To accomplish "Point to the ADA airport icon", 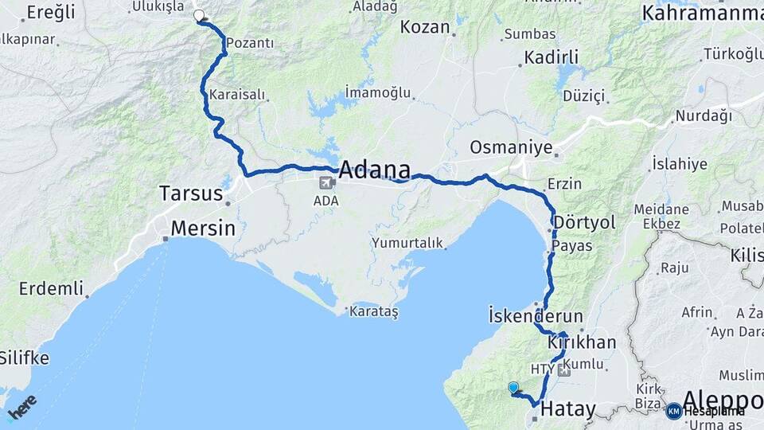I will click(x=325, y=183).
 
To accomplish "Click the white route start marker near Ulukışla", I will click(x=199, y=15).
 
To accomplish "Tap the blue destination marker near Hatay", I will click(x=513, y=388).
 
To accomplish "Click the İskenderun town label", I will click(x=536, y=315).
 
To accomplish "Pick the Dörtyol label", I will click(x=584, y=222).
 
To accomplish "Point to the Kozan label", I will click(x=424, y=26).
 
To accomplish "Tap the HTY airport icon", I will click(x=565, y=370).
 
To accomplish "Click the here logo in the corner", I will click(x=21, y=407).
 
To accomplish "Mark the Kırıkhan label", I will click(x=582, y=342).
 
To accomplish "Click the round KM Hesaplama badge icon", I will click(x=674, y=411).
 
